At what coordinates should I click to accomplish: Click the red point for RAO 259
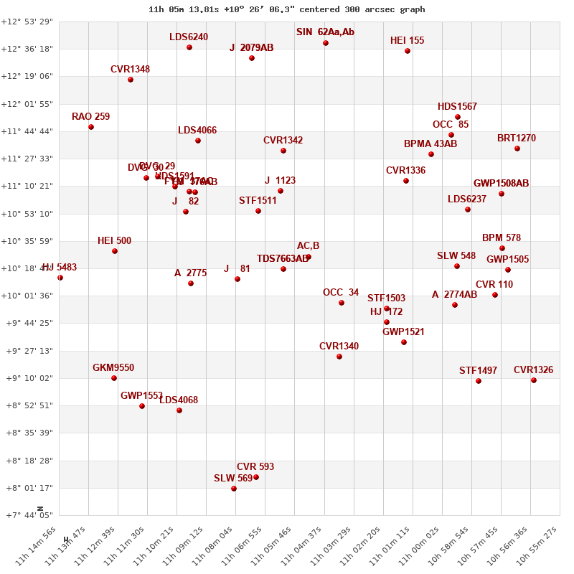pos(91,127)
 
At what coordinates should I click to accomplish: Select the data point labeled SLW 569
pos(234,489)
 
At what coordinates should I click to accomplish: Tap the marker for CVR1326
pos(534,380)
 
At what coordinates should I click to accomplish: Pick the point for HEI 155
pos(408,51)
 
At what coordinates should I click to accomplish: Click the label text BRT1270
pos(517,138)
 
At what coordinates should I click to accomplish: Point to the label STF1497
pos(478,371)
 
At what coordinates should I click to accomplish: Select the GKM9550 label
pos(113,368)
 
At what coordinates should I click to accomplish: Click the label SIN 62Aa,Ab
pos(325,32)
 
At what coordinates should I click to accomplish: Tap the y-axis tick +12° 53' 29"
pos(27,22)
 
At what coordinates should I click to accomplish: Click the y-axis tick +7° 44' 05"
pos(27,515)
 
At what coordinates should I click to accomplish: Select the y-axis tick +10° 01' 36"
pos(27,296)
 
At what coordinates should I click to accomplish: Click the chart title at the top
pos(287,9)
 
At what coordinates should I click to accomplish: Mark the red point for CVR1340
pos(339,357)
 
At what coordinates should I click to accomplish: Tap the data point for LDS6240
pos(189,47)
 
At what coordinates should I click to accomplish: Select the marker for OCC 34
pos(342,303)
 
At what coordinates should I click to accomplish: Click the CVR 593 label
pos(255,467)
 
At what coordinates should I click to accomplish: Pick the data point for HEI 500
pos(115,251)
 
